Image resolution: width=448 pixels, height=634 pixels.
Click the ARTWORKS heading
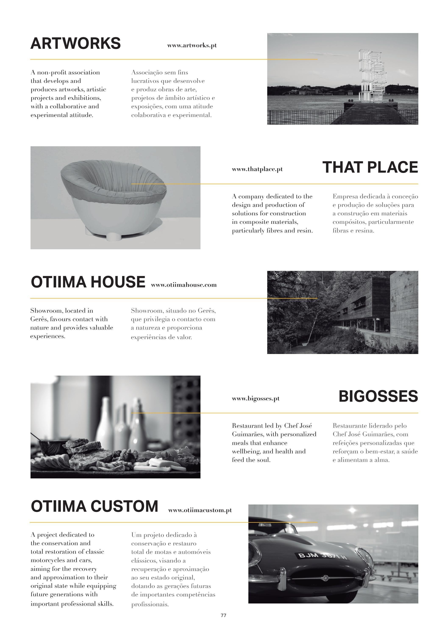click(x=75, y=43)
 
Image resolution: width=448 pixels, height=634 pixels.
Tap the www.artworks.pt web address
click(x=192, y=46)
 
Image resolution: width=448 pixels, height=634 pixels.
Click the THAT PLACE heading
click(x=370, y=167)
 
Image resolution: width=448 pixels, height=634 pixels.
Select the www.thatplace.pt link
click(x=257, y=169)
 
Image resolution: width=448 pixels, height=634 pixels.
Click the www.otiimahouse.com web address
click(x=184, y=285)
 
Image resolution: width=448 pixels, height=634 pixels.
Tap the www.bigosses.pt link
click(x=256, y=399)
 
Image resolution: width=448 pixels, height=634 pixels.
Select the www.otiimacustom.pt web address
click(x=200, y=510)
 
